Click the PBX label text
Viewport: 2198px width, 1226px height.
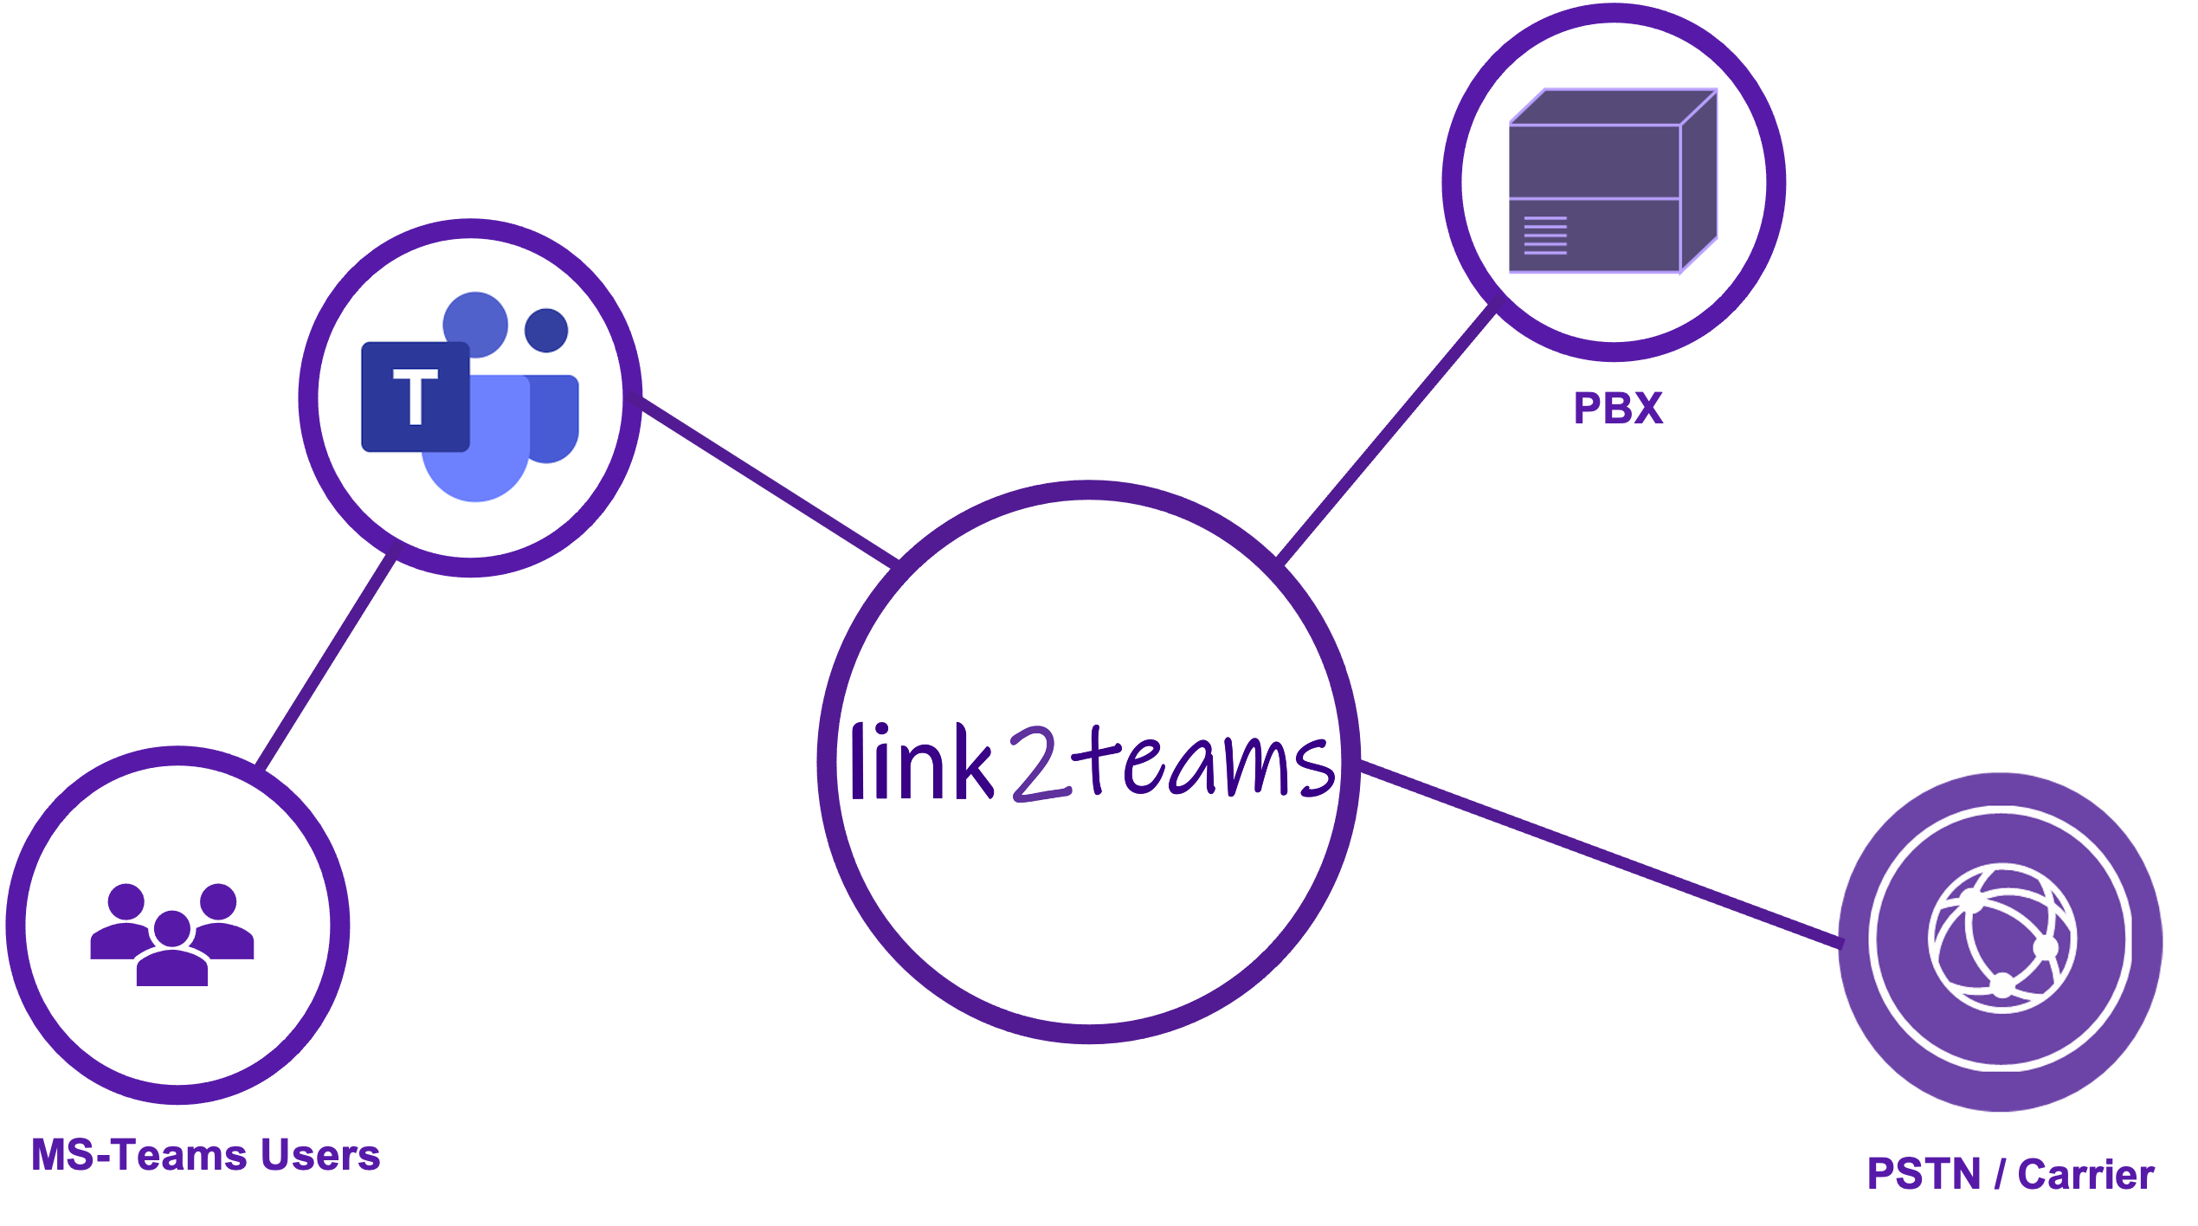[1618, 408]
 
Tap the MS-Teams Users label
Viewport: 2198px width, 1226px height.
[206, 1155]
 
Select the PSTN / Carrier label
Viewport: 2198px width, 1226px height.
[2010, 1175]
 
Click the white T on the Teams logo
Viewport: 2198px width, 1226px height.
[416, 397]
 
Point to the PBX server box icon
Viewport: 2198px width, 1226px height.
[1612, 182]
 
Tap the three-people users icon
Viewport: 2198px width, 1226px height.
[172, 935]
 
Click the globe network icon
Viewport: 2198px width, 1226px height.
[2001, 939]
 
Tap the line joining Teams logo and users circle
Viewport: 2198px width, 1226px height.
[327, 661]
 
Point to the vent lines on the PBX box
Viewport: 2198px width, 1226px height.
[1544, 236]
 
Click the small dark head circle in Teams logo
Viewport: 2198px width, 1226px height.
[546, 330]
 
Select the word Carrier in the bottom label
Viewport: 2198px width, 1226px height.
[2085, 1175]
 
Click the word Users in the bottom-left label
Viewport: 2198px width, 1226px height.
[320, 1155]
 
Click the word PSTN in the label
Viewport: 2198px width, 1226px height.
[1924, 1175]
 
